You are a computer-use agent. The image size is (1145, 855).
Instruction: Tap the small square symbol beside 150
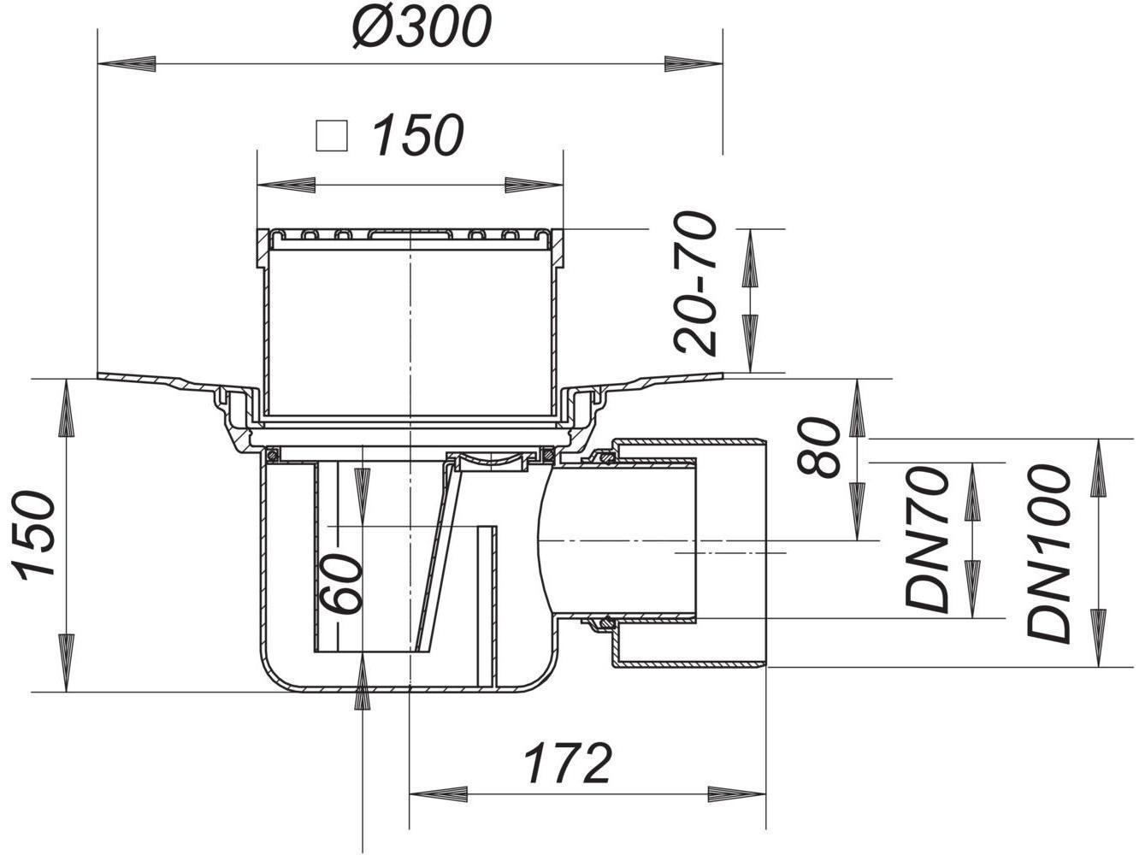[x=331, y=135]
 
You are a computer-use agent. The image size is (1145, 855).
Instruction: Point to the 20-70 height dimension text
[x=694, y=284]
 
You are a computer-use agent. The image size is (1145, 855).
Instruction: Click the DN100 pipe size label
[x=1050, y=553]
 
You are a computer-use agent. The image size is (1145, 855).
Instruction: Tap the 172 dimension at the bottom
[x=568, y=763]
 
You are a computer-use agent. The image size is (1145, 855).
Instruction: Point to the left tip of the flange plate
[x=100, y=376]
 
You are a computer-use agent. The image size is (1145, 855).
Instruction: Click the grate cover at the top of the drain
[x=409, y=233]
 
